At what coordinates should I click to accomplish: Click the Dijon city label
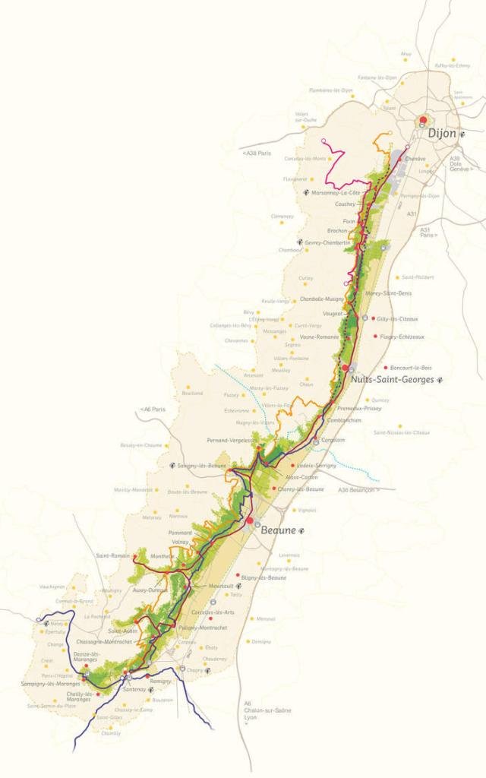click(442, 133)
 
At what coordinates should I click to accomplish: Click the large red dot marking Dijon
click(424, 121)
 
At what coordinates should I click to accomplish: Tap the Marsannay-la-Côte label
click(336, 192)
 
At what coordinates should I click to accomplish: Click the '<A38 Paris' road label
click(257, 153)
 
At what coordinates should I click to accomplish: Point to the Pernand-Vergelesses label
click(229, 440)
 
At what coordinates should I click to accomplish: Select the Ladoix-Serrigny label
click(317, 464)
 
